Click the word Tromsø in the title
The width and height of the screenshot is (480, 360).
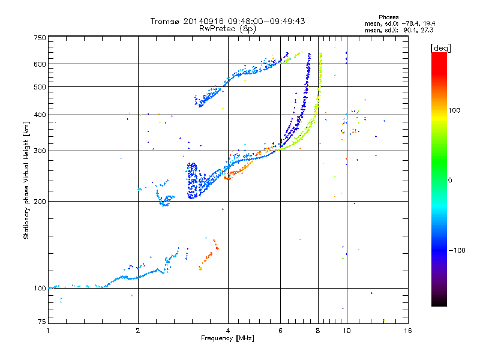pyautogui.click(x=166, y=21)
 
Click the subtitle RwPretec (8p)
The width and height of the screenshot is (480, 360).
pyautogui.click(x=227, y=29)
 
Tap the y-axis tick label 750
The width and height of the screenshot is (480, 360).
pyautogui.click(x=40, y=38)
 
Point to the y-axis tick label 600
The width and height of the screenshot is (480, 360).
pyautogui.click(x=40, y=64)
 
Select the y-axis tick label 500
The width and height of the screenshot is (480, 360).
pyautogui.click(x=40, y=87)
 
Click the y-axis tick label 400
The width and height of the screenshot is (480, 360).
pyautogui.click(x=40, y=115)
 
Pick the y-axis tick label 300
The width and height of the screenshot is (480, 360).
pyautogui.click(x=40, y=151)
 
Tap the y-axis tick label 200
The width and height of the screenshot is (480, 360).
pyautogui.click(x=40, y=202)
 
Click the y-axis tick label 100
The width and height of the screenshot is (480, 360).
pyautogui.click(x=40, y=289)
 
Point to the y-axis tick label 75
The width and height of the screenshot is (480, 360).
pyautogui.click(x=42, y=322)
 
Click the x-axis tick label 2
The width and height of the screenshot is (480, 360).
pyautogui.click(x=138, y=331)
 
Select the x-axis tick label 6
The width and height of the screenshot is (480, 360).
pyautogui.click(x=280, y=331)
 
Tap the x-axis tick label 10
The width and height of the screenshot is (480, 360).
pyautogui.click(x=347, y=331)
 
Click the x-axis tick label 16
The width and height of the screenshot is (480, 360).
pyautogui.click(x=408, y=331)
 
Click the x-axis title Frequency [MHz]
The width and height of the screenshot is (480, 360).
pyautogui.click(x=227, y=338)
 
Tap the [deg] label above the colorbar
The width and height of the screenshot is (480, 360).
pyautogui.click(x=440, y=48)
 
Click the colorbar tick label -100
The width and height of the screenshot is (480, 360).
pyautogui.click(x=457, y=250)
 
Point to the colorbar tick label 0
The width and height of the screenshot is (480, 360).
pyautogui.click(x=450, y=181)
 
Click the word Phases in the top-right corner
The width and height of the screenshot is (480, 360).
pyautogui.click(x=388, y=17)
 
